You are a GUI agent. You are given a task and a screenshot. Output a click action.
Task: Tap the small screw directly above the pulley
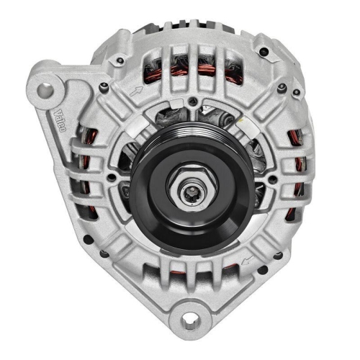194,101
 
